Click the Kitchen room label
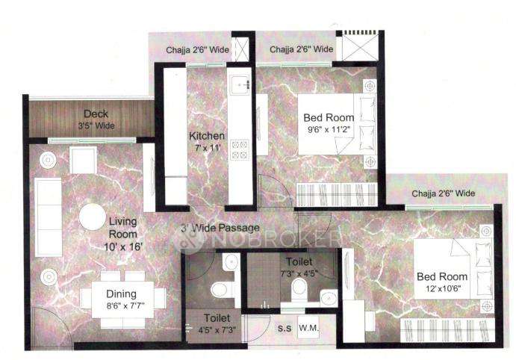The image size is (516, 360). click(206, 137)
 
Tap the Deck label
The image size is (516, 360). click(96, 114)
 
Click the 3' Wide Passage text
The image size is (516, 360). click(220, 228)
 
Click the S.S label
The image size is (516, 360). click(285, 329)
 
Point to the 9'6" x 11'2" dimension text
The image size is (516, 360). click(329, 128)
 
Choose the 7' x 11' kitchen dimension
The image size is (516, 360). click(205, 148)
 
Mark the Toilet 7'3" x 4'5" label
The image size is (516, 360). click(299, 267)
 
